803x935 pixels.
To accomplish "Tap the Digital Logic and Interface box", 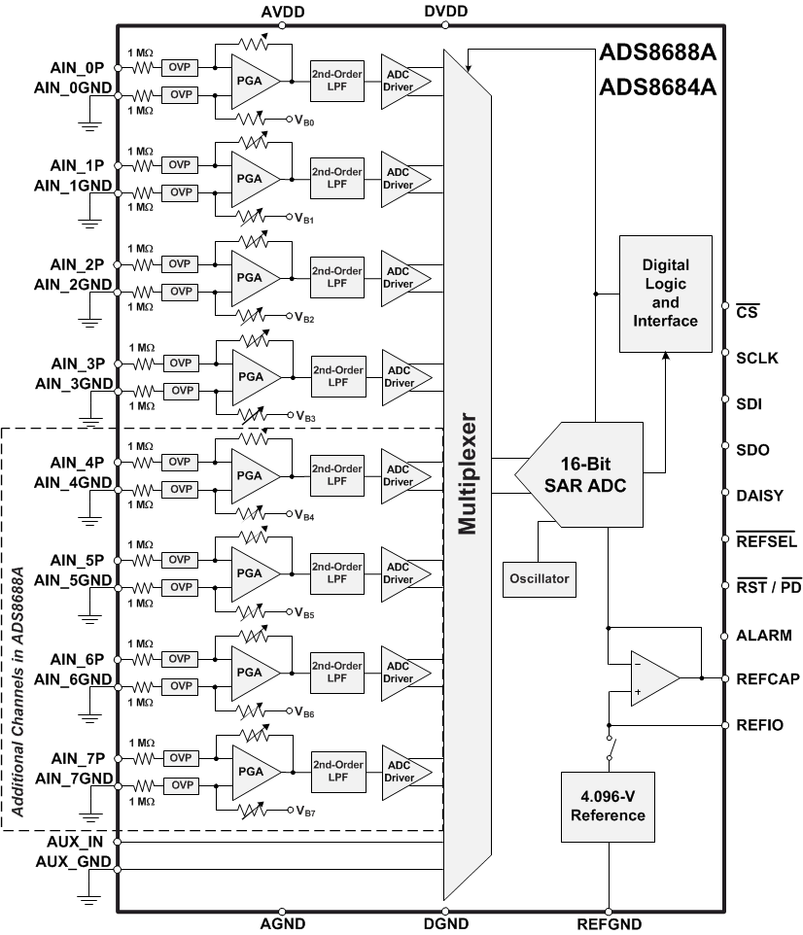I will point(665,293).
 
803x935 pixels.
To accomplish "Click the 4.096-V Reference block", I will point(608,807).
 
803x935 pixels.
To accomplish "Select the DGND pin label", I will point(446,923).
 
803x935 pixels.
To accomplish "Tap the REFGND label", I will point(609,923).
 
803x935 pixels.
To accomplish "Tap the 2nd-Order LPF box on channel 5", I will point(336,573).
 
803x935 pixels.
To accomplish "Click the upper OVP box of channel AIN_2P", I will point(181,264).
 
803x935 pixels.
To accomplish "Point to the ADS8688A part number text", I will point(657,52).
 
